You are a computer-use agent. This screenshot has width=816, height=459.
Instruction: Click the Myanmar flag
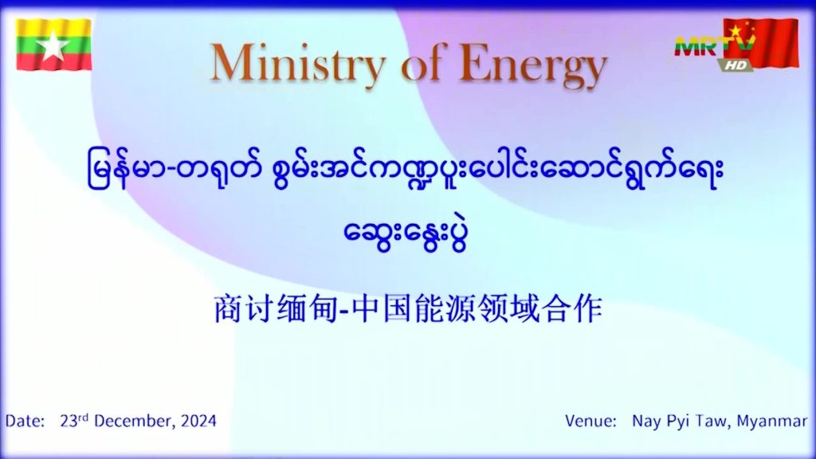pos(53,45)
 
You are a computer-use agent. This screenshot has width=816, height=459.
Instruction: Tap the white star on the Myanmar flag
pos(53,45)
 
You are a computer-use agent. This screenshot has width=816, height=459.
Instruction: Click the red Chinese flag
pos(761,43)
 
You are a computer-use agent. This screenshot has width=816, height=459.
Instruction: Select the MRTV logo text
pos(715,47)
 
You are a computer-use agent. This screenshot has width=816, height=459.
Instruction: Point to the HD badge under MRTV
pos(736,65)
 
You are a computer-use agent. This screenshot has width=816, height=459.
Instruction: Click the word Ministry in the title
pos(298,65)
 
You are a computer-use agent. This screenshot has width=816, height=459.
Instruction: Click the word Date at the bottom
pos(25,421)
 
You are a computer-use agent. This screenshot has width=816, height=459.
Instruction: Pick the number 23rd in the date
pos(74,420)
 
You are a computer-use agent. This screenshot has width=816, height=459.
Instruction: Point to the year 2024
pos(198,421)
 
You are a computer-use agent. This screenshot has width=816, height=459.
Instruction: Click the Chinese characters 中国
pos(382,309)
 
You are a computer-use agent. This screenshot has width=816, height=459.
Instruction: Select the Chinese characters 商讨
pos(244,309)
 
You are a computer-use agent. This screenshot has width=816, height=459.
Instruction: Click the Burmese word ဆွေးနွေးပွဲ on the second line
pos(406,234)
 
